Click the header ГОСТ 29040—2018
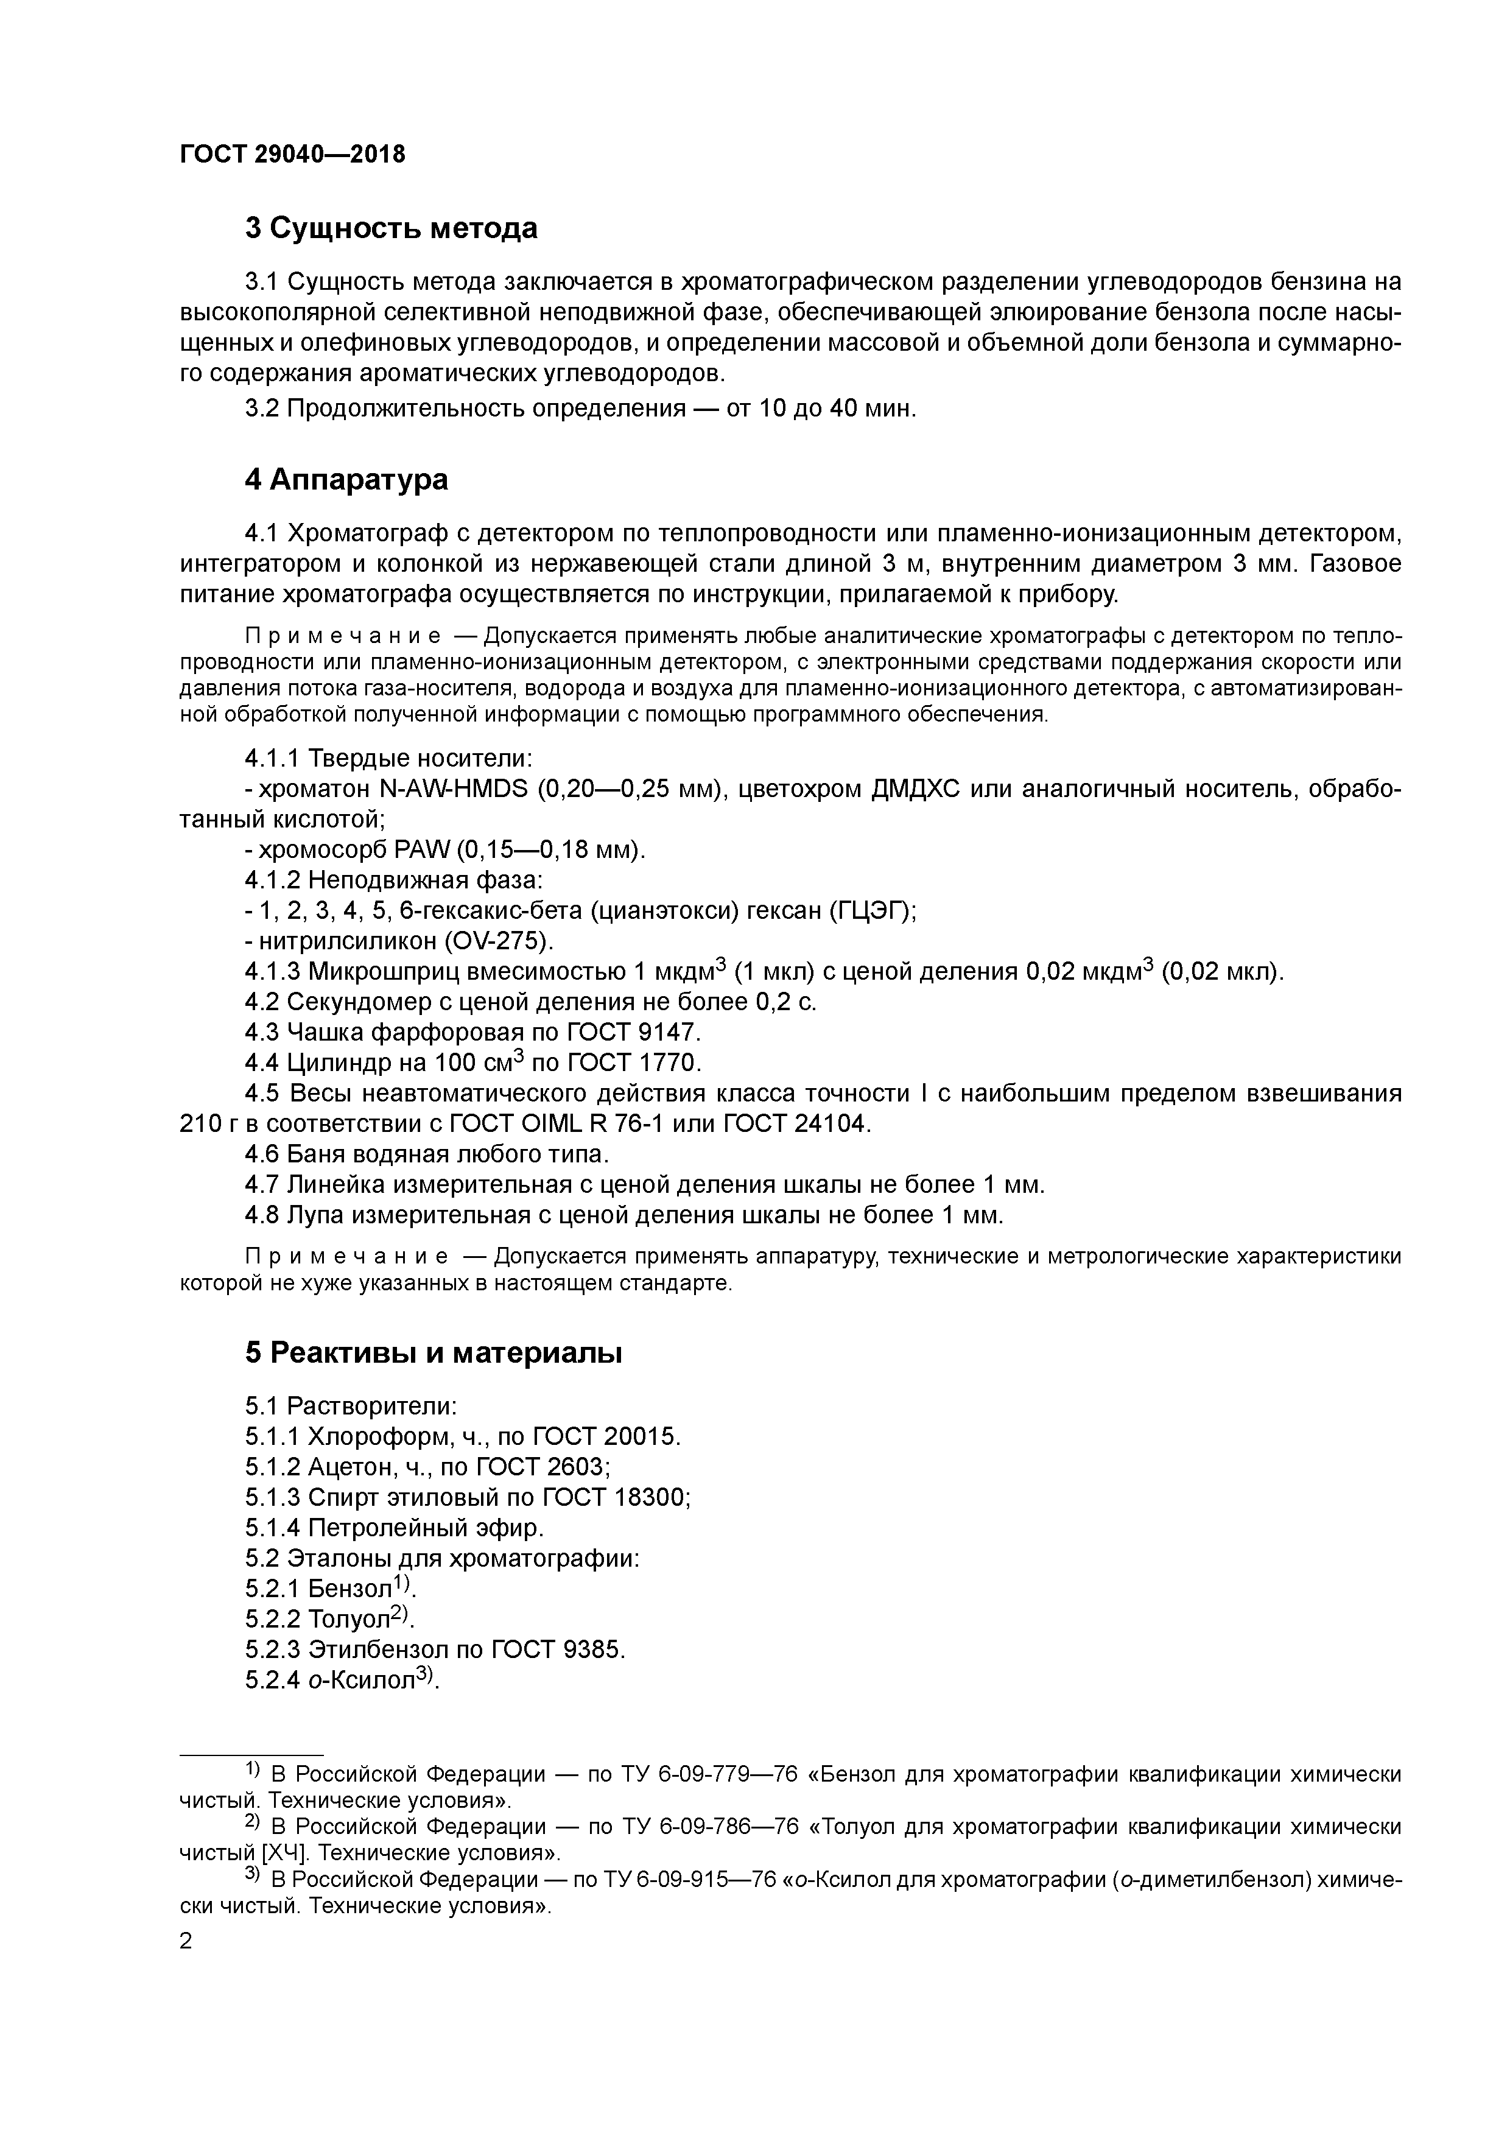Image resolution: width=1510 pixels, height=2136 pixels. point(293,155)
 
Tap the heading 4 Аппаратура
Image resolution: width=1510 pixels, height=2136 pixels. point(346,479)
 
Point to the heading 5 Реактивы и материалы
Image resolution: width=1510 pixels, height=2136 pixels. point(434,1353)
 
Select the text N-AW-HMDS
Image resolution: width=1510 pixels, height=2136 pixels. point(455,789)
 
